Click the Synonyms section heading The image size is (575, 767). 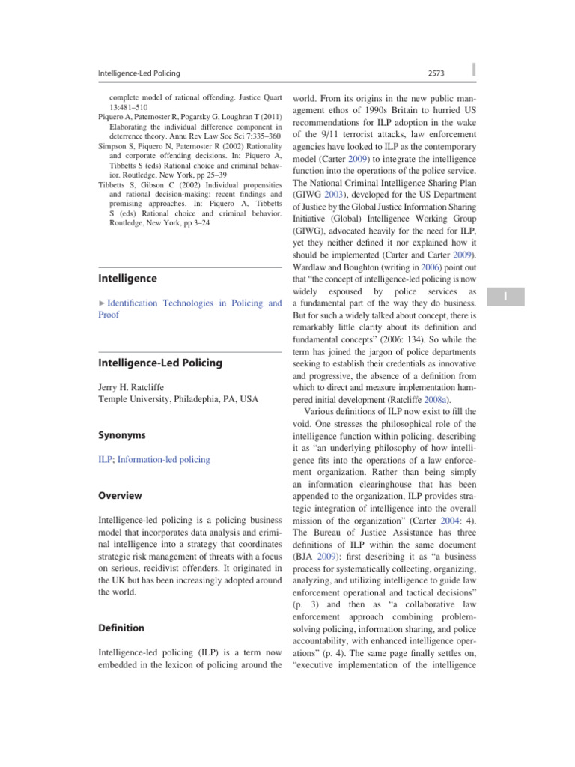121,435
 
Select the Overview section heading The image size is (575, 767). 120,495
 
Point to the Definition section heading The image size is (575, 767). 121,628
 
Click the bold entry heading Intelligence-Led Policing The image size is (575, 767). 160,363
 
